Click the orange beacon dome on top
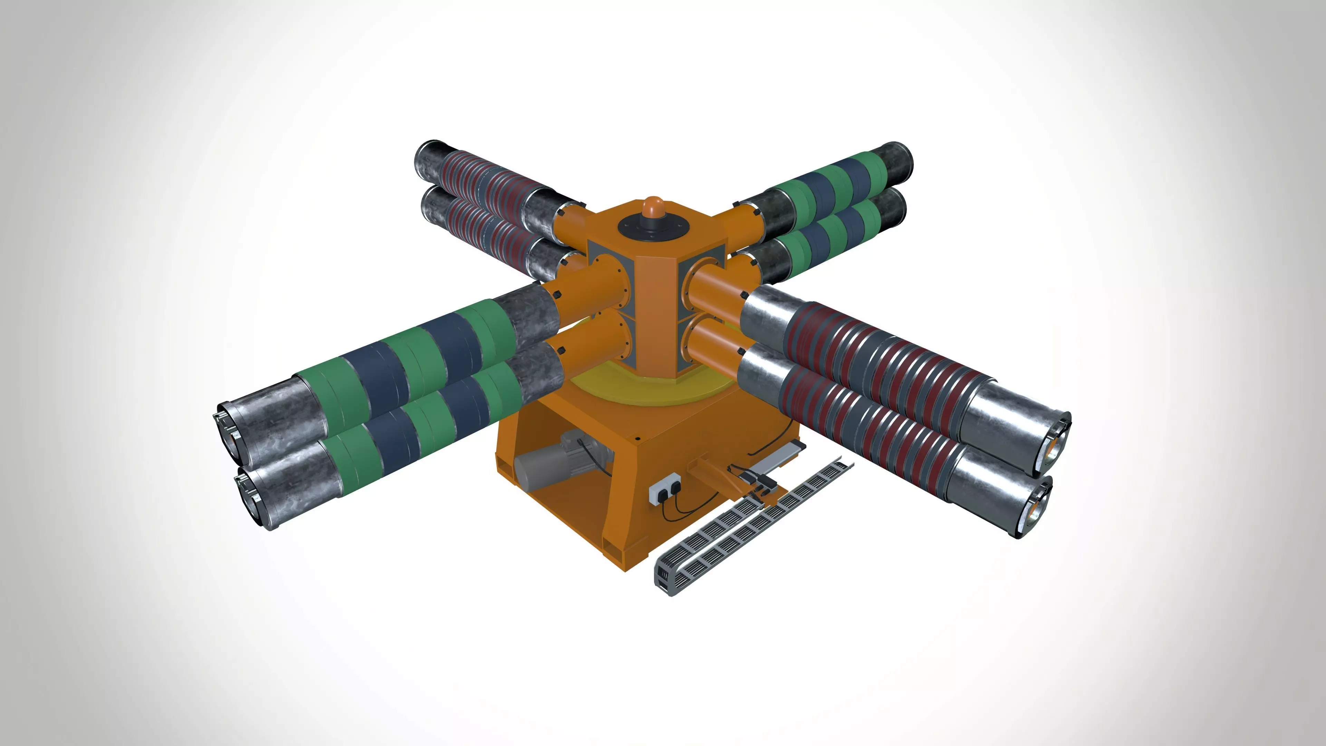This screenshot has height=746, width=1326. (652, 206)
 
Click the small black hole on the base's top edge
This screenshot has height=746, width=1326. (638, 439)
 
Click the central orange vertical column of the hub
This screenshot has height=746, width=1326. (655, 309)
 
